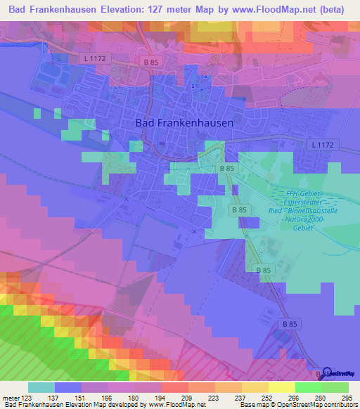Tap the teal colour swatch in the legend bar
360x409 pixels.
click(x=41, y=388)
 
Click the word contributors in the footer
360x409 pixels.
click(x=340, y=405)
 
